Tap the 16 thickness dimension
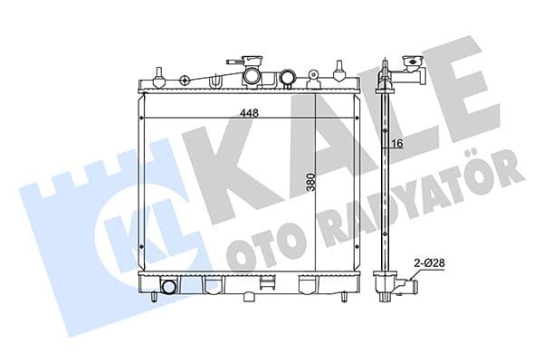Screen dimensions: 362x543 click(x=396, y=143)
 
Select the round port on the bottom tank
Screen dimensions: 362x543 click(x=167, y=289)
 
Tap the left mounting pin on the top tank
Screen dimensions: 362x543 click(x=157, y=73)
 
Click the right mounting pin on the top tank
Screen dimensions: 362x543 click(x=339, y=71)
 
